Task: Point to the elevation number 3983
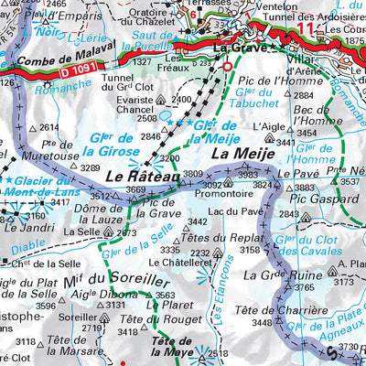tap(247, 174)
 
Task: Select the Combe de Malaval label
tap(49, 54)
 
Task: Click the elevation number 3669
tap(135, 189)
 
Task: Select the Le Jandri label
tap(27, 226)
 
